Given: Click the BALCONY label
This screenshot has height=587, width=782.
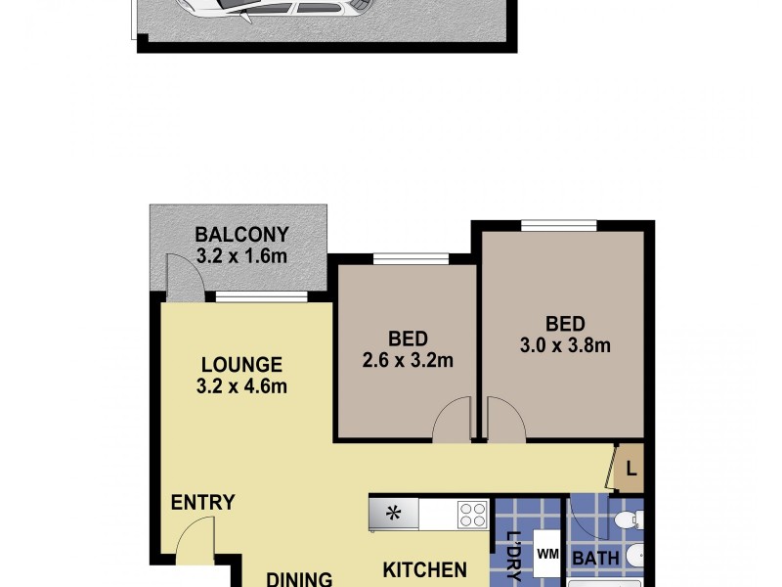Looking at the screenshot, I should [241, 235].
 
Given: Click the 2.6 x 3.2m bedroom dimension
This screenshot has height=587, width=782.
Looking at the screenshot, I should [408, 360].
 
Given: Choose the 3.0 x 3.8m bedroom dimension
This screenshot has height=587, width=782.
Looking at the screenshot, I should [565, 344].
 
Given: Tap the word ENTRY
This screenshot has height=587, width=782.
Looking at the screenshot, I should [203, 503].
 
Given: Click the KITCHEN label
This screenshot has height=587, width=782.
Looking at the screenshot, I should [423, 569].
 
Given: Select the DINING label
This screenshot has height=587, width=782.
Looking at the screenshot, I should [300, 578].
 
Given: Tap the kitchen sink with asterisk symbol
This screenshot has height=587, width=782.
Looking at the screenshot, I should [393, 513].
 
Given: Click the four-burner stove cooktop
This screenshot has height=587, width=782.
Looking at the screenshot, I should [472, 513].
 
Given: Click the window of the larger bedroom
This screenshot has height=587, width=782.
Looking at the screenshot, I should [558, 226].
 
